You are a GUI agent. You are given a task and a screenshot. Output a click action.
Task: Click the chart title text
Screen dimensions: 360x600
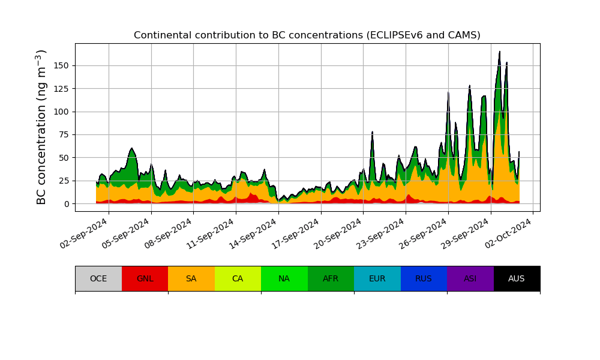tap(307, 35)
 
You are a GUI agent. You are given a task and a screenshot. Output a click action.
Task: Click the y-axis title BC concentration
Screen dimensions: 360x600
tap(41, 127)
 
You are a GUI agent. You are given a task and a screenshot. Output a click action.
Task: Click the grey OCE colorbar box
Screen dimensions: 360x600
tap(98, 278)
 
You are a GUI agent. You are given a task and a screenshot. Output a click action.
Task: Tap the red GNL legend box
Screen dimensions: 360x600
tap(145, 278)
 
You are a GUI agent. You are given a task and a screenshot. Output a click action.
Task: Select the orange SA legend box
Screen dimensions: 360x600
tap(191, 278)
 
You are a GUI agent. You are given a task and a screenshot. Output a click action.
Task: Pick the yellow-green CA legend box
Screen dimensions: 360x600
tap(238, 278)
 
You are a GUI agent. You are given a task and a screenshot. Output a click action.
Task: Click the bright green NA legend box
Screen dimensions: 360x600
tap(284, 278)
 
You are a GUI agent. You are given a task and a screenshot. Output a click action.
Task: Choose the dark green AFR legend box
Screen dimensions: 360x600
tap(331, 278)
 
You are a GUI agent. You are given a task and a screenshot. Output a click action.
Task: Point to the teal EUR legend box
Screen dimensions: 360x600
tap(377, 278)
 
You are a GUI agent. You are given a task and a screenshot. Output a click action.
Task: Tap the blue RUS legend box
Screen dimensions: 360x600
tap(424, 278)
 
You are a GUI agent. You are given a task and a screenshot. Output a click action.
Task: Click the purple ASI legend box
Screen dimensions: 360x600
tap(470, 278)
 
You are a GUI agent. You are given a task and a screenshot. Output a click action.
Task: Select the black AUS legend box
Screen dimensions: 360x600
tap(517, 278)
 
